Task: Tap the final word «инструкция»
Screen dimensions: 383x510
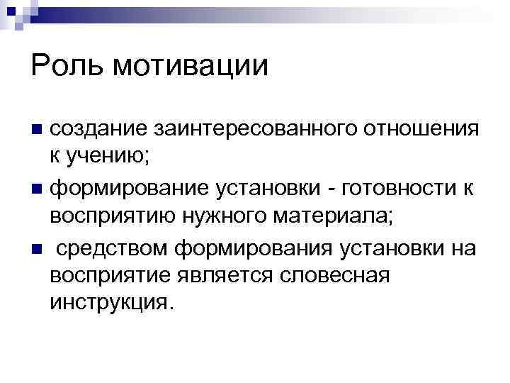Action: [109, 301]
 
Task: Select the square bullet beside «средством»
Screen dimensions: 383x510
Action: [37, 248]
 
